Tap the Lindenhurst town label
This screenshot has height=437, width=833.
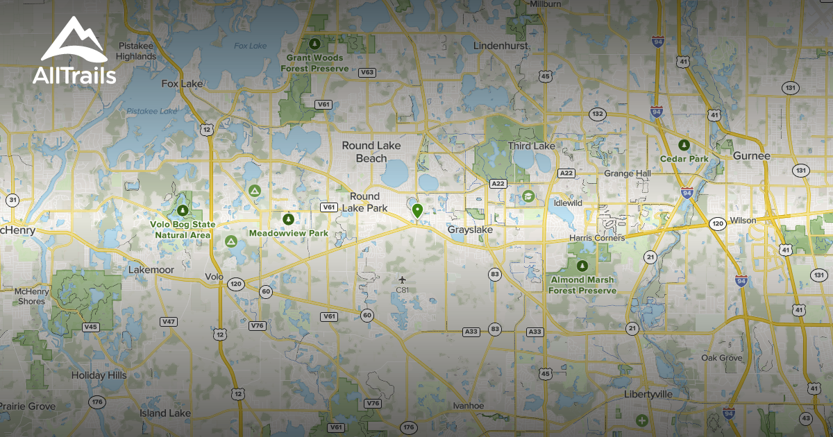500,46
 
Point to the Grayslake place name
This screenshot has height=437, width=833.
469,229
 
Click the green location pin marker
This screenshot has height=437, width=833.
416,211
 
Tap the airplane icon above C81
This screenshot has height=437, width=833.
402,279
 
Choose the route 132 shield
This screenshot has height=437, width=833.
596,113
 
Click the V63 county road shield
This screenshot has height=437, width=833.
367,72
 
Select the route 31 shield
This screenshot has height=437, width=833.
12,200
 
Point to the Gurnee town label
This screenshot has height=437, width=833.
752,156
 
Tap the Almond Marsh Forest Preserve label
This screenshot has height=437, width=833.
582,285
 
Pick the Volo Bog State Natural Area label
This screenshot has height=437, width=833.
183,230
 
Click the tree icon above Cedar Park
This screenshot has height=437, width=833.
684,145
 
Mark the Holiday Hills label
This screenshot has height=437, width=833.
99,375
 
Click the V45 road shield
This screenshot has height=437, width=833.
90,326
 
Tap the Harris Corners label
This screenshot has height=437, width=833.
596,238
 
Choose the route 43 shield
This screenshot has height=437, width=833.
805,418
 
